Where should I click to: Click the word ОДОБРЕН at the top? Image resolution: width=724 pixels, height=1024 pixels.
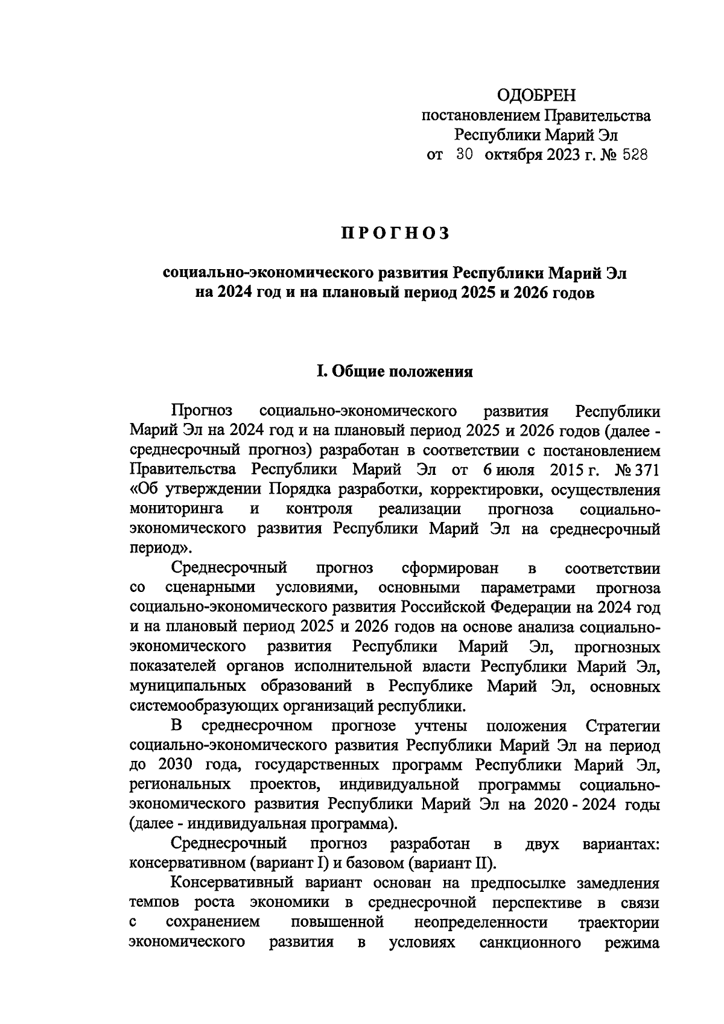(536, 95)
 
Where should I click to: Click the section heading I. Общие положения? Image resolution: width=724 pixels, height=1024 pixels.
(395, 371)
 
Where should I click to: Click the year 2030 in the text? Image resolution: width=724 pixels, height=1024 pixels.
(175, 765)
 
